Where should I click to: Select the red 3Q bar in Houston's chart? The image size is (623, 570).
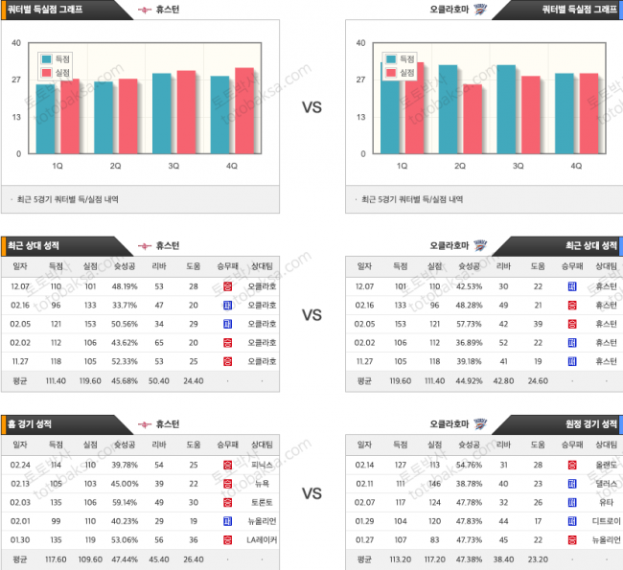click(x=186, y=111)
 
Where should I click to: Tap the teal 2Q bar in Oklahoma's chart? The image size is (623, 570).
click(x=448, y=108)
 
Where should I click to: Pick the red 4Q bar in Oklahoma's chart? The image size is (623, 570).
click(x=588, y=113)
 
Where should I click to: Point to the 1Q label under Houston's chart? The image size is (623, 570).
click(x=58, y=166)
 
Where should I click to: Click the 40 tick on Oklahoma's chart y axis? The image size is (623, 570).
click(x=360, y=43)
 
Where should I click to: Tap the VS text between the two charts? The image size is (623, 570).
click(x=311, y=107)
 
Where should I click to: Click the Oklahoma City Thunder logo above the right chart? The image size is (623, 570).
click(x=480, y=9)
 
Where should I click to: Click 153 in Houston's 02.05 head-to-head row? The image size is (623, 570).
click(x=90, y=324)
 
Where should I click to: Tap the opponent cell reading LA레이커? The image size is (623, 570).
click(x=263, y=539)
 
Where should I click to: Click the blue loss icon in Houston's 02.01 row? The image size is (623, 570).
click(x=227, y=521)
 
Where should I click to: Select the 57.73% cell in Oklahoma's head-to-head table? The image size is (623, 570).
click(x=469, y=324)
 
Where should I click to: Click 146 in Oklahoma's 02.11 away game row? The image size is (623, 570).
click(x=433, y=484)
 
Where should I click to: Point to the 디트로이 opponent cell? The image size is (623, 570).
click(x=606, y=521)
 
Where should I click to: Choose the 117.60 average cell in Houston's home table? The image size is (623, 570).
click(x=56, y=559)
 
